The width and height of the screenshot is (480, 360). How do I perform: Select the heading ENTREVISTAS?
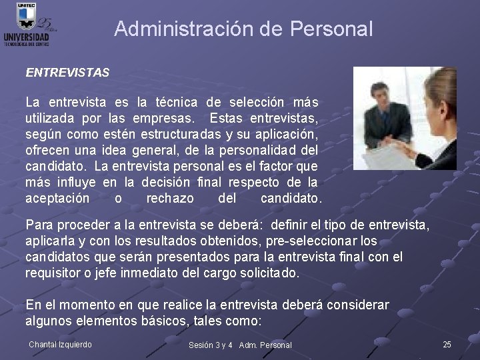click(x=67, y=72)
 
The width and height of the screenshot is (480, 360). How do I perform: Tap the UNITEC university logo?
click(x=27, y=25)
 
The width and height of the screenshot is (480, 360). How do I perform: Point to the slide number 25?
click(x=447, y=344)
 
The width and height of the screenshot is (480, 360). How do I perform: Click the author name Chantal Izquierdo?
click(x=61, y=344)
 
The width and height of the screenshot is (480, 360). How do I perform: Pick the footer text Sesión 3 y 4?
click(x=211, y=345)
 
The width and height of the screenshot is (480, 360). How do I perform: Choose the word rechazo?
click(x=170, y=199)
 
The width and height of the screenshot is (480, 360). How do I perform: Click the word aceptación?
click(x=57, y=199)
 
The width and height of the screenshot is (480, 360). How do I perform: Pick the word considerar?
click(x=358, y=305)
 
